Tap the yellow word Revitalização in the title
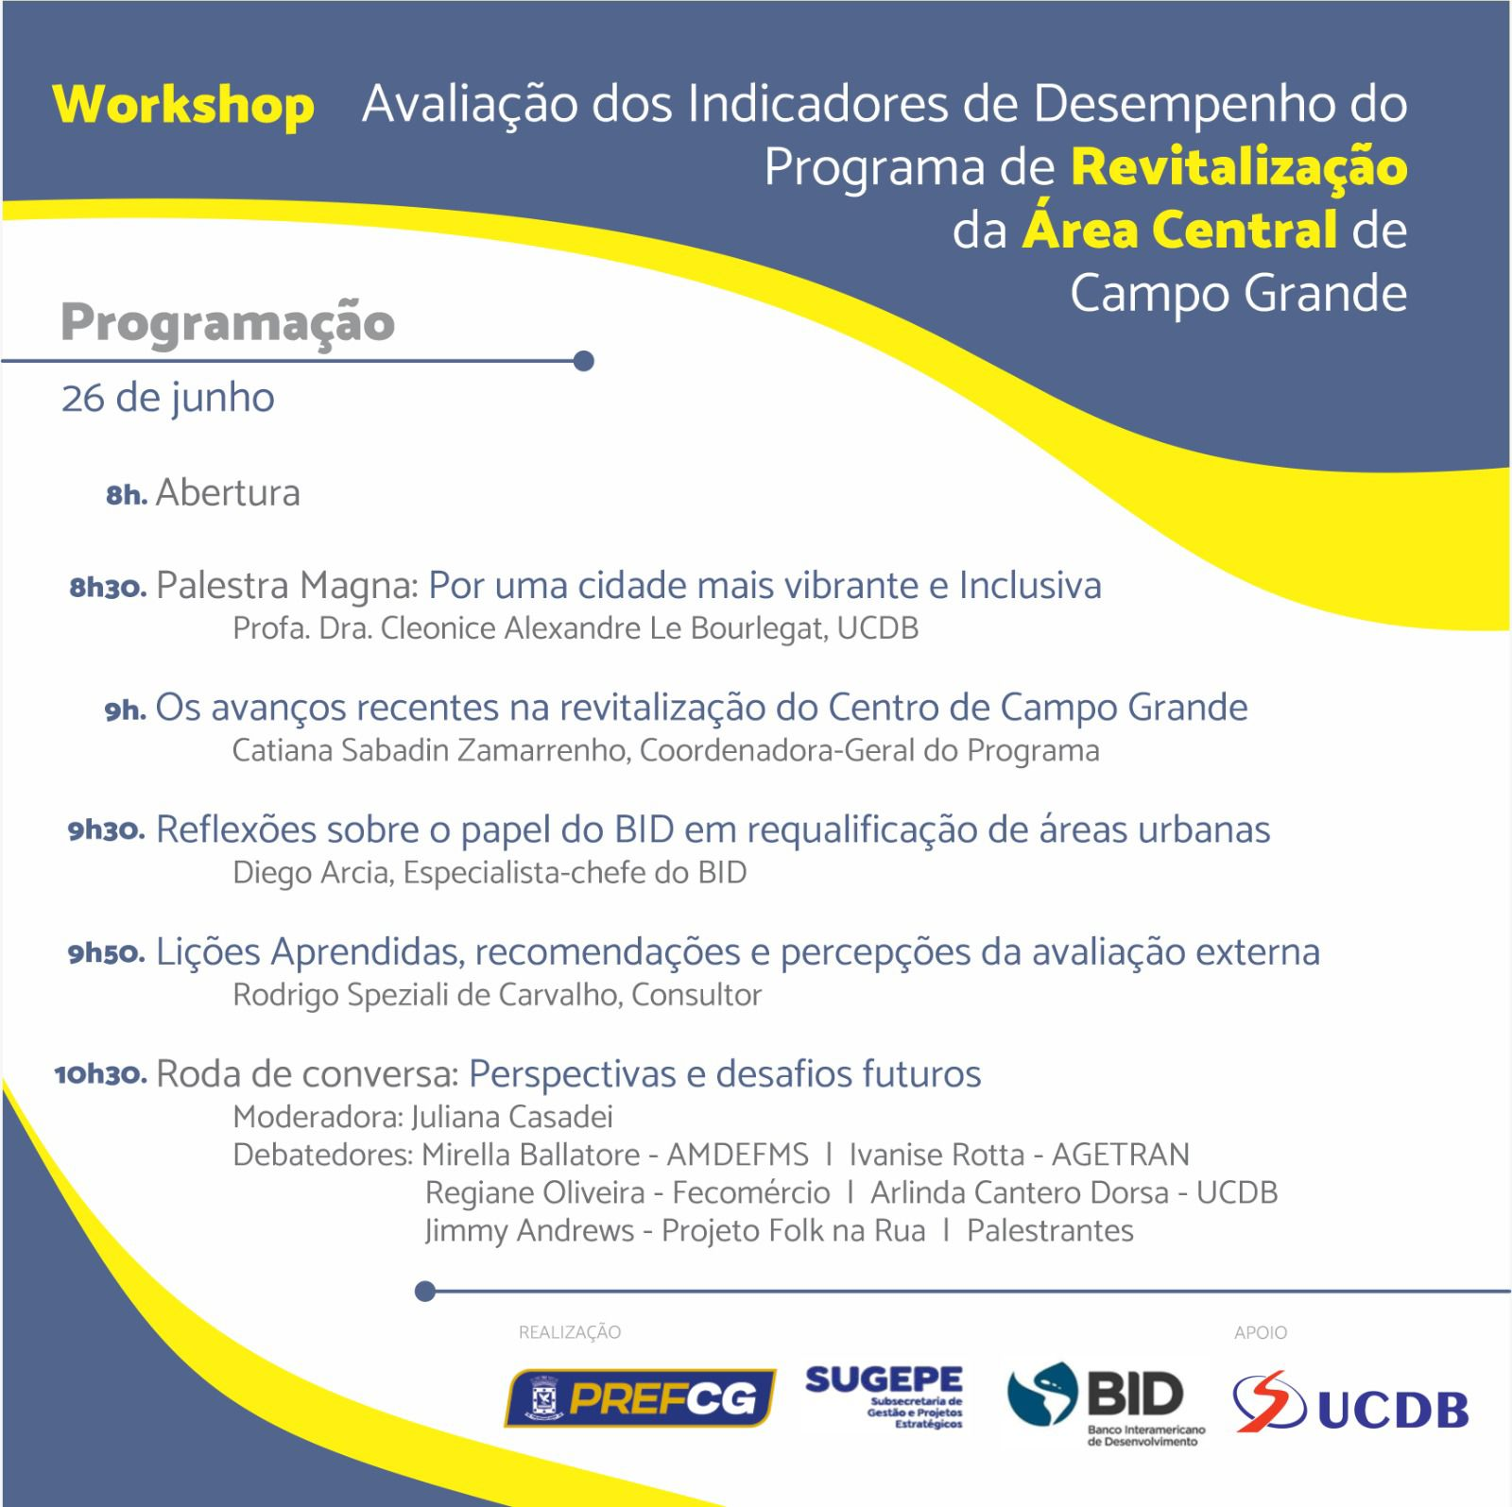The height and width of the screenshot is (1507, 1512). coord(1239,167)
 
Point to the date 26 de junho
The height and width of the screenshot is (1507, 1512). coord(168,398)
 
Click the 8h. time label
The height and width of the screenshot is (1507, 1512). coord(127,495)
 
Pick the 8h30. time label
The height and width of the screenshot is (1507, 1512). coord(108,588)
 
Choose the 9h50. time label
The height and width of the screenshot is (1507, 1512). coord(106,953)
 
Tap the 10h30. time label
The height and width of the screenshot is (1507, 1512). coord(100,1075)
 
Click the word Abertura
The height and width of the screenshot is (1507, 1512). coord(228,493)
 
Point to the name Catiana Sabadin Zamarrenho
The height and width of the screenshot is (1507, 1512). coord(430,751)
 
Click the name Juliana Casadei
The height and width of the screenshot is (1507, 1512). coord(511,1118)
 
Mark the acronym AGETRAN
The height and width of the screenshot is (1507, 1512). coord(1121,1155)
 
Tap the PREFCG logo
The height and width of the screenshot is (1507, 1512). coord(640,1397)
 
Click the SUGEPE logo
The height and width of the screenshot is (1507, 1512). coord(885,1396)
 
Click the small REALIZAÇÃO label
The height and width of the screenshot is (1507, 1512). coord(570,1333)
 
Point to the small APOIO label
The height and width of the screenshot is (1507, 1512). coord(1261,1333)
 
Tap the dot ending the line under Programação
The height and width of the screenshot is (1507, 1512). coord(583,361)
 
